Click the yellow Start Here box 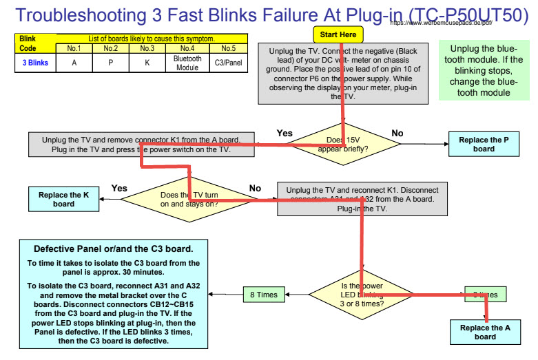tap(338, 34)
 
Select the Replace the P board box tap(484, 144)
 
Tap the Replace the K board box tap(63, 199)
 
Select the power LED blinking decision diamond tap(362, 294)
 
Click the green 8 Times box tap(263, 295)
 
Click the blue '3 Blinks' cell tap(34, 63)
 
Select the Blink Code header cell tap(28, 43)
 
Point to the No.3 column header tap(147, 48)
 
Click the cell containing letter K tap(147, 63)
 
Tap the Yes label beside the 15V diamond tap(284, 133)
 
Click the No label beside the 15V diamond tap(397, 133)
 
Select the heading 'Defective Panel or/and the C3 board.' tap(114, 249)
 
